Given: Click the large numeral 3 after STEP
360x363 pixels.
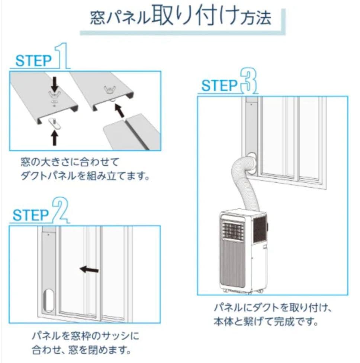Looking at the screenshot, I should [248, 80].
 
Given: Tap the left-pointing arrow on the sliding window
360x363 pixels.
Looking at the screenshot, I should [89, 270].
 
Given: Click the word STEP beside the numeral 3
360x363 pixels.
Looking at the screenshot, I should [219, 86].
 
